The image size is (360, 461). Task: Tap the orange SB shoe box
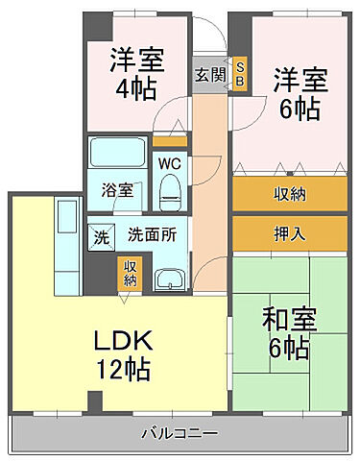click(x=240, y=74)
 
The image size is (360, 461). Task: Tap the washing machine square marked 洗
click(x=102, y=235)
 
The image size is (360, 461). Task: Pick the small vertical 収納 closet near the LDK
click(x=129, y=273)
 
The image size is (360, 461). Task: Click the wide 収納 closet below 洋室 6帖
click(x=290, y=194)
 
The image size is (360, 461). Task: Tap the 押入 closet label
click(x=290, y=234)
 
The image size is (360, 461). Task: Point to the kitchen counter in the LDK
click(x=67, y=240)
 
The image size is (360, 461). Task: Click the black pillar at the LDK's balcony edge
click(x=95, y=400)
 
